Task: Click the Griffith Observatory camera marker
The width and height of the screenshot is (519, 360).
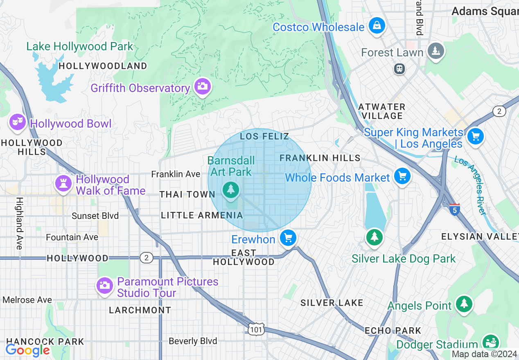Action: pos(202,86)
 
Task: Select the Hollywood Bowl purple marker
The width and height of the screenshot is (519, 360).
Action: pos(18,122)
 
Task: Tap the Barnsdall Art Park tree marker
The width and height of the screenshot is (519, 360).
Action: pos(231,189)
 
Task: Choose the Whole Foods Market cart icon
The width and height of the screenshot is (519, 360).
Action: pos(402,177)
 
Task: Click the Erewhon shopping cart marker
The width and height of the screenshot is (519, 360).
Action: pos(288,238)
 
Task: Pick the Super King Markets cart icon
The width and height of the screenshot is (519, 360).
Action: pos(475,136)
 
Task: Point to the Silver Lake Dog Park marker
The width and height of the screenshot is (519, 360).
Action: pos(374,237)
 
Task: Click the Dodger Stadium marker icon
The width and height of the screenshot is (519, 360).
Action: pos(490,342)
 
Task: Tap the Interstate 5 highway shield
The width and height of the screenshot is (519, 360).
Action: pos(454,210)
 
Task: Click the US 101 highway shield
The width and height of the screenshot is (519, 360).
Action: pos(256,328)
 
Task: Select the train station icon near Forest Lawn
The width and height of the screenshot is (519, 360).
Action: pos(399,69)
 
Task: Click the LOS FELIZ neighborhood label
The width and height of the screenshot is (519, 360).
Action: pos(264,136)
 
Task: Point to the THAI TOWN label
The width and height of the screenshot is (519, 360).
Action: pos(187,194)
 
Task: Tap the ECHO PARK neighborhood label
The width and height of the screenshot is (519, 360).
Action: pos(393,330)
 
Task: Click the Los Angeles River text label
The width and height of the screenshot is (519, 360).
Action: pos(476,186)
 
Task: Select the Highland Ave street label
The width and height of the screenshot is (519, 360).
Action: pos(19,223)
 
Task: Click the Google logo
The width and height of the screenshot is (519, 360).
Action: pos(27,350)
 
